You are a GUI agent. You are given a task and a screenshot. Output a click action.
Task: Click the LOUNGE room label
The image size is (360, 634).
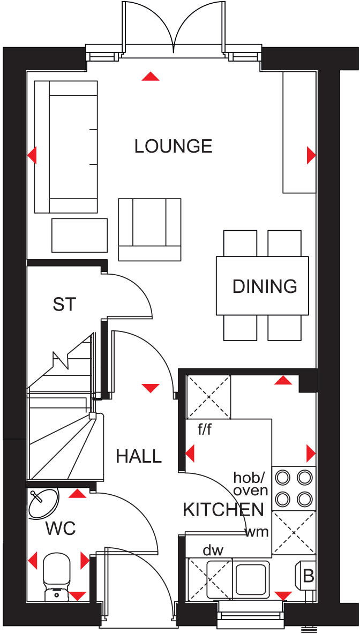(x=174, y=146)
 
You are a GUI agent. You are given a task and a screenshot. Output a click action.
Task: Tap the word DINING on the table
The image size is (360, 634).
(x=265, y=286)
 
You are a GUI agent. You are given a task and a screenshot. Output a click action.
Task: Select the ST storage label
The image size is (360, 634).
(x=65, y=305)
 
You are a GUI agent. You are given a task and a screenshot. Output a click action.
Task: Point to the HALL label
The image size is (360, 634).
(x=139, y=456)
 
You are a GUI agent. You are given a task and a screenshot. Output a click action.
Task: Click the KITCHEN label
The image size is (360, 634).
(x=223, y=510)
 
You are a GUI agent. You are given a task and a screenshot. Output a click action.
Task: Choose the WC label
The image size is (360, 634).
(x=61, y=529)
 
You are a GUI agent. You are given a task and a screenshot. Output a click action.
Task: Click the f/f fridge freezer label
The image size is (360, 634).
(x=204, y=429)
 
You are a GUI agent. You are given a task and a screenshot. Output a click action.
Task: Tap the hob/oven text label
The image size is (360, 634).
(x=250, y=484)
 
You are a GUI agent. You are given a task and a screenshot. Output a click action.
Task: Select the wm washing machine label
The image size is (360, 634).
(x=257, y=533)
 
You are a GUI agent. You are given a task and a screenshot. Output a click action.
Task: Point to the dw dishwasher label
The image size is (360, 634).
(x=213, y=550)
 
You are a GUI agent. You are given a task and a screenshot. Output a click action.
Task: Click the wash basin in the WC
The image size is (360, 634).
(x=43, y=503)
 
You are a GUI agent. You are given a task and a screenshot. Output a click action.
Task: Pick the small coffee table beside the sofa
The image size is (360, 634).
(x=79, y=235)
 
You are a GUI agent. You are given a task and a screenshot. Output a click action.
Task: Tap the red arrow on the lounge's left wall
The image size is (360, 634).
(x=32, y=156)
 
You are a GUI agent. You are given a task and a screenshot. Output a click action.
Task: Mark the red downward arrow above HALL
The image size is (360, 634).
(x=151, y=387)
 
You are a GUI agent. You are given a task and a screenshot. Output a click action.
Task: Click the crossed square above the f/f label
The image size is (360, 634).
(x=208, y=397)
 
